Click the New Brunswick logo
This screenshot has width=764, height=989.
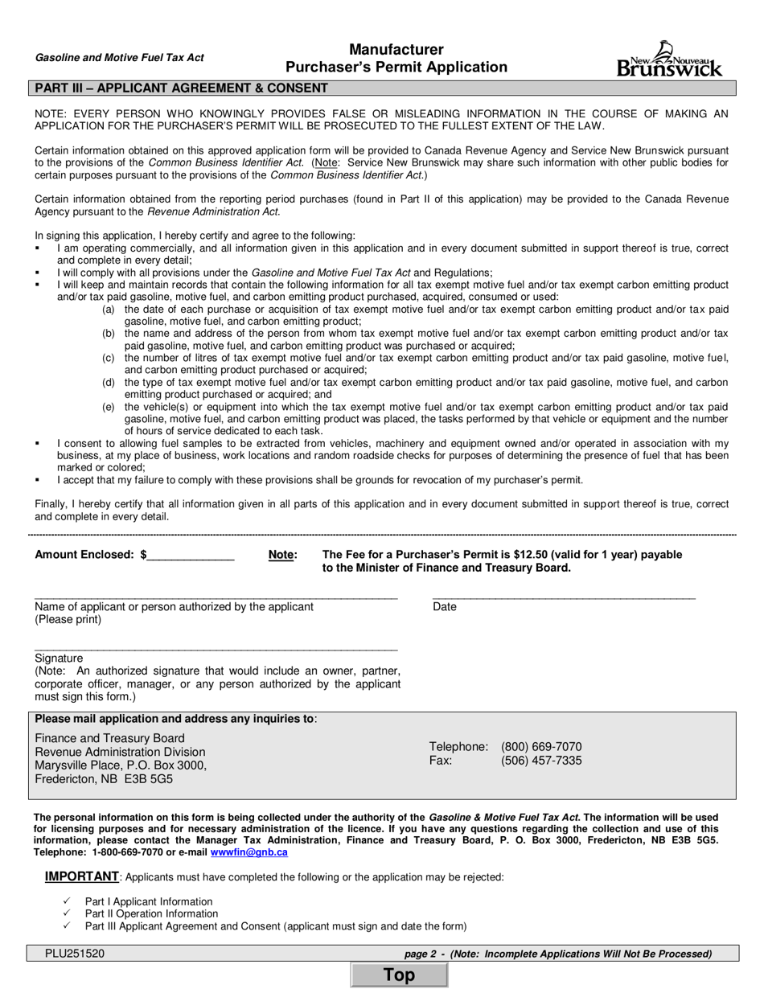tap(669, 59)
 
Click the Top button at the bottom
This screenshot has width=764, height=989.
tap(399, 975)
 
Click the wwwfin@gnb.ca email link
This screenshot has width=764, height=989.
tap(249, 852)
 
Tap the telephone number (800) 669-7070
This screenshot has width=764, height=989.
tap(541, 746)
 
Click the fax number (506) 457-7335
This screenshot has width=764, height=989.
tap(541, 761)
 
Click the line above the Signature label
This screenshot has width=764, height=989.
tap(216, 649)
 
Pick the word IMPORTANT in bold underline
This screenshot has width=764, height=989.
tap(81, 876)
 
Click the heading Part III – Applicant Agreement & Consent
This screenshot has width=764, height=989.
tap(179, 88)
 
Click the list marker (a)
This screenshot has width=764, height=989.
tap(109, 309)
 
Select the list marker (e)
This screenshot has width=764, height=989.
tap(109, 407)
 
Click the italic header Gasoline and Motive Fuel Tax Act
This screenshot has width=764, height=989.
tap(120, 58)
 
